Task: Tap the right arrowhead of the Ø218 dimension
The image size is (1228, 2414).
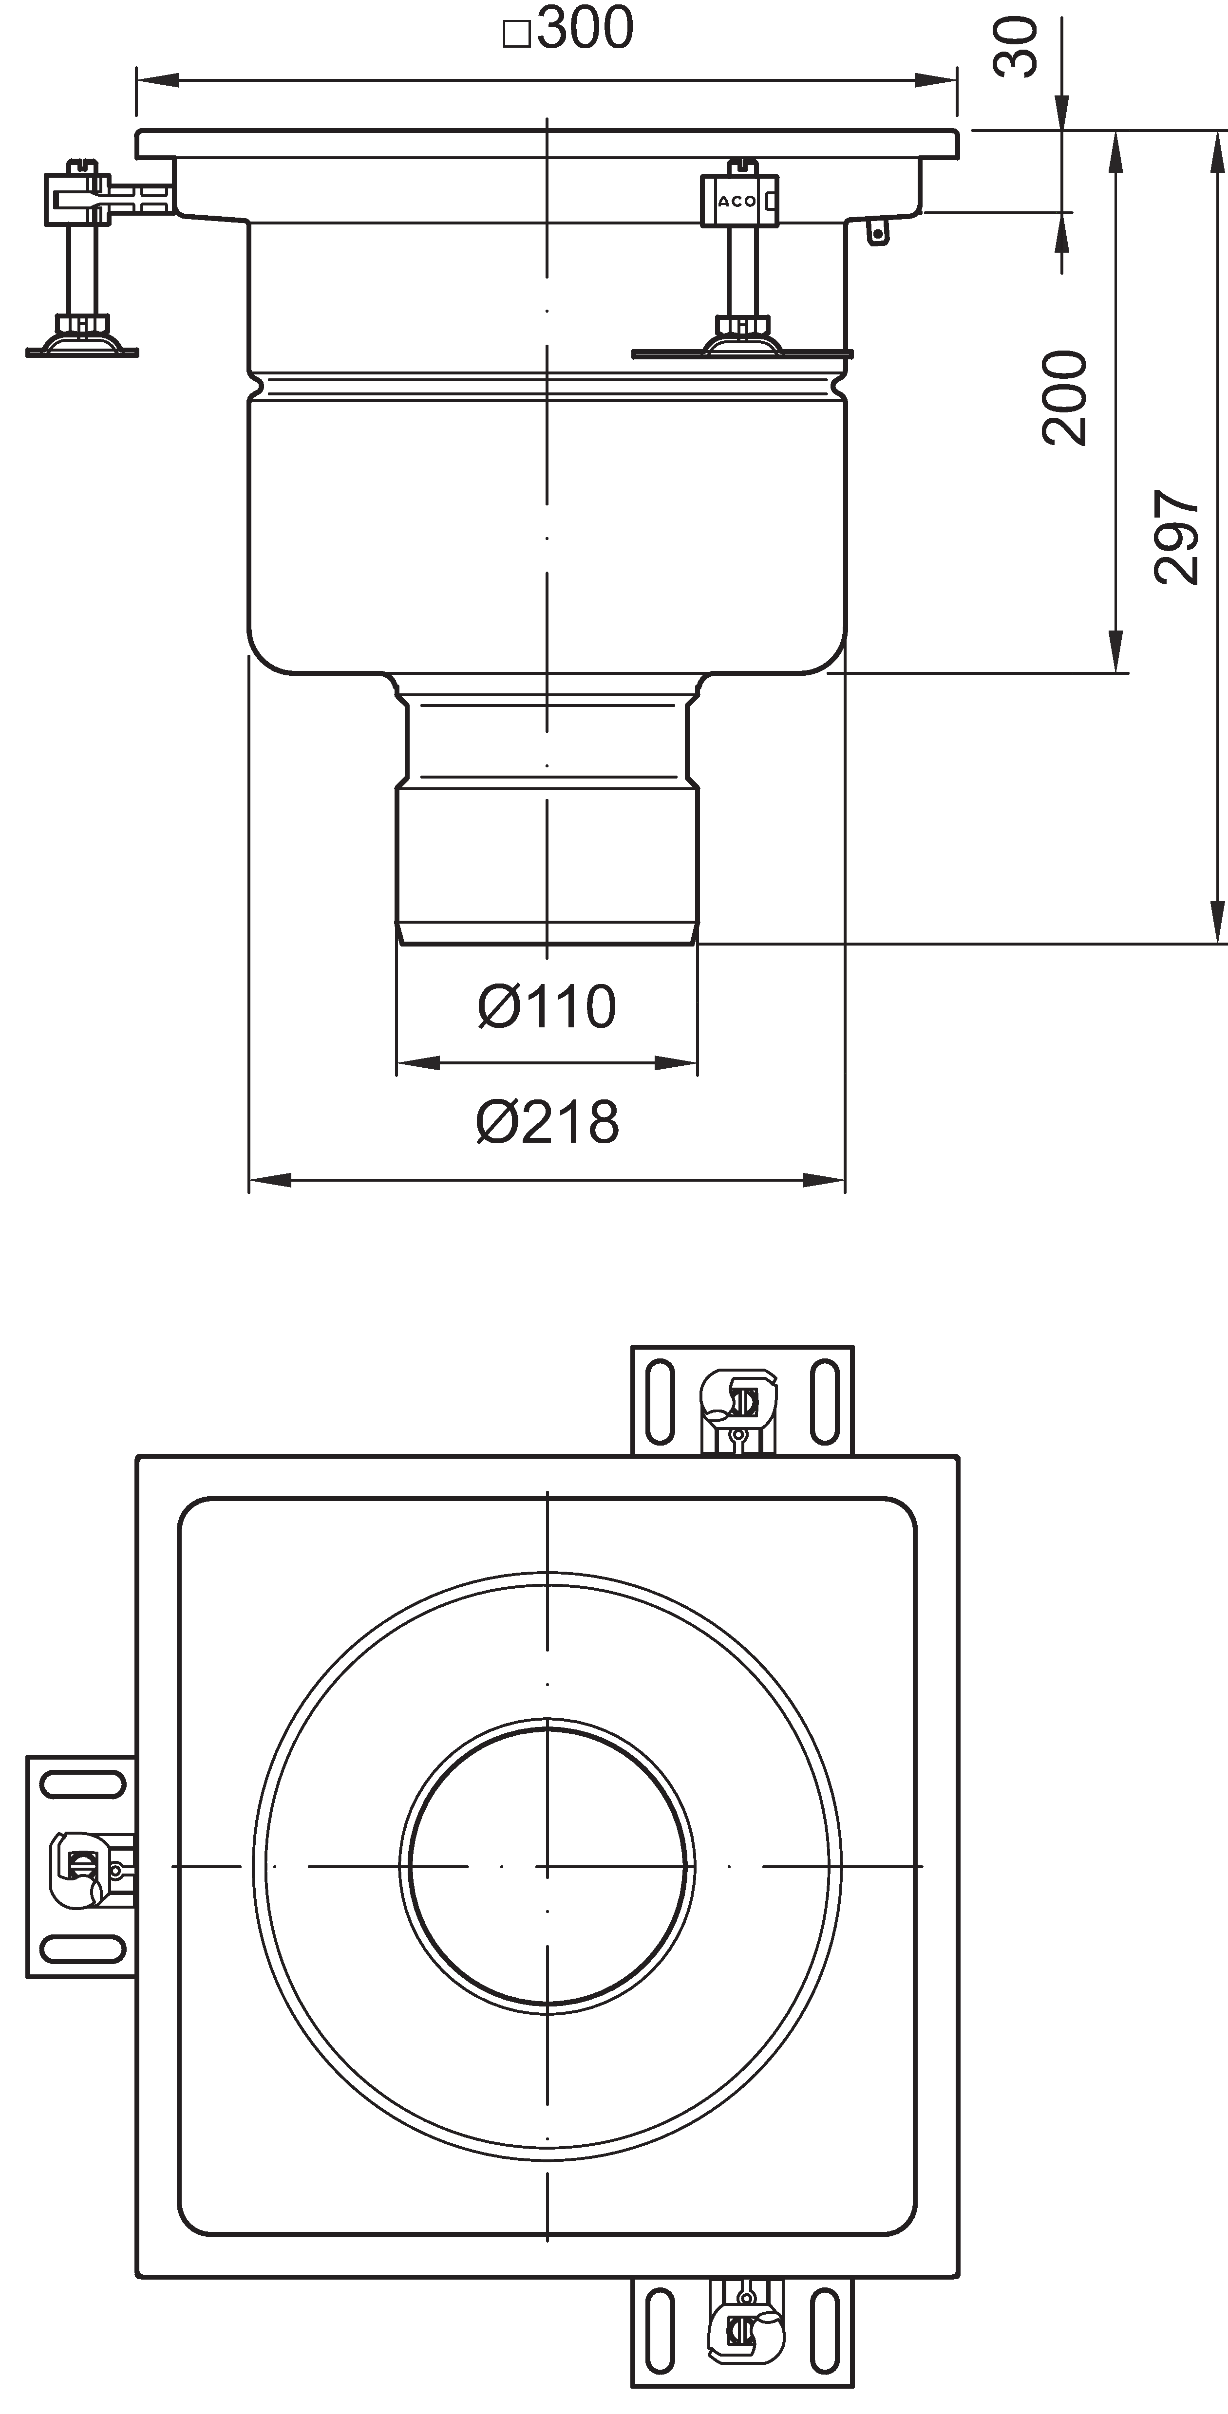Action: coord(824,1181)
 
